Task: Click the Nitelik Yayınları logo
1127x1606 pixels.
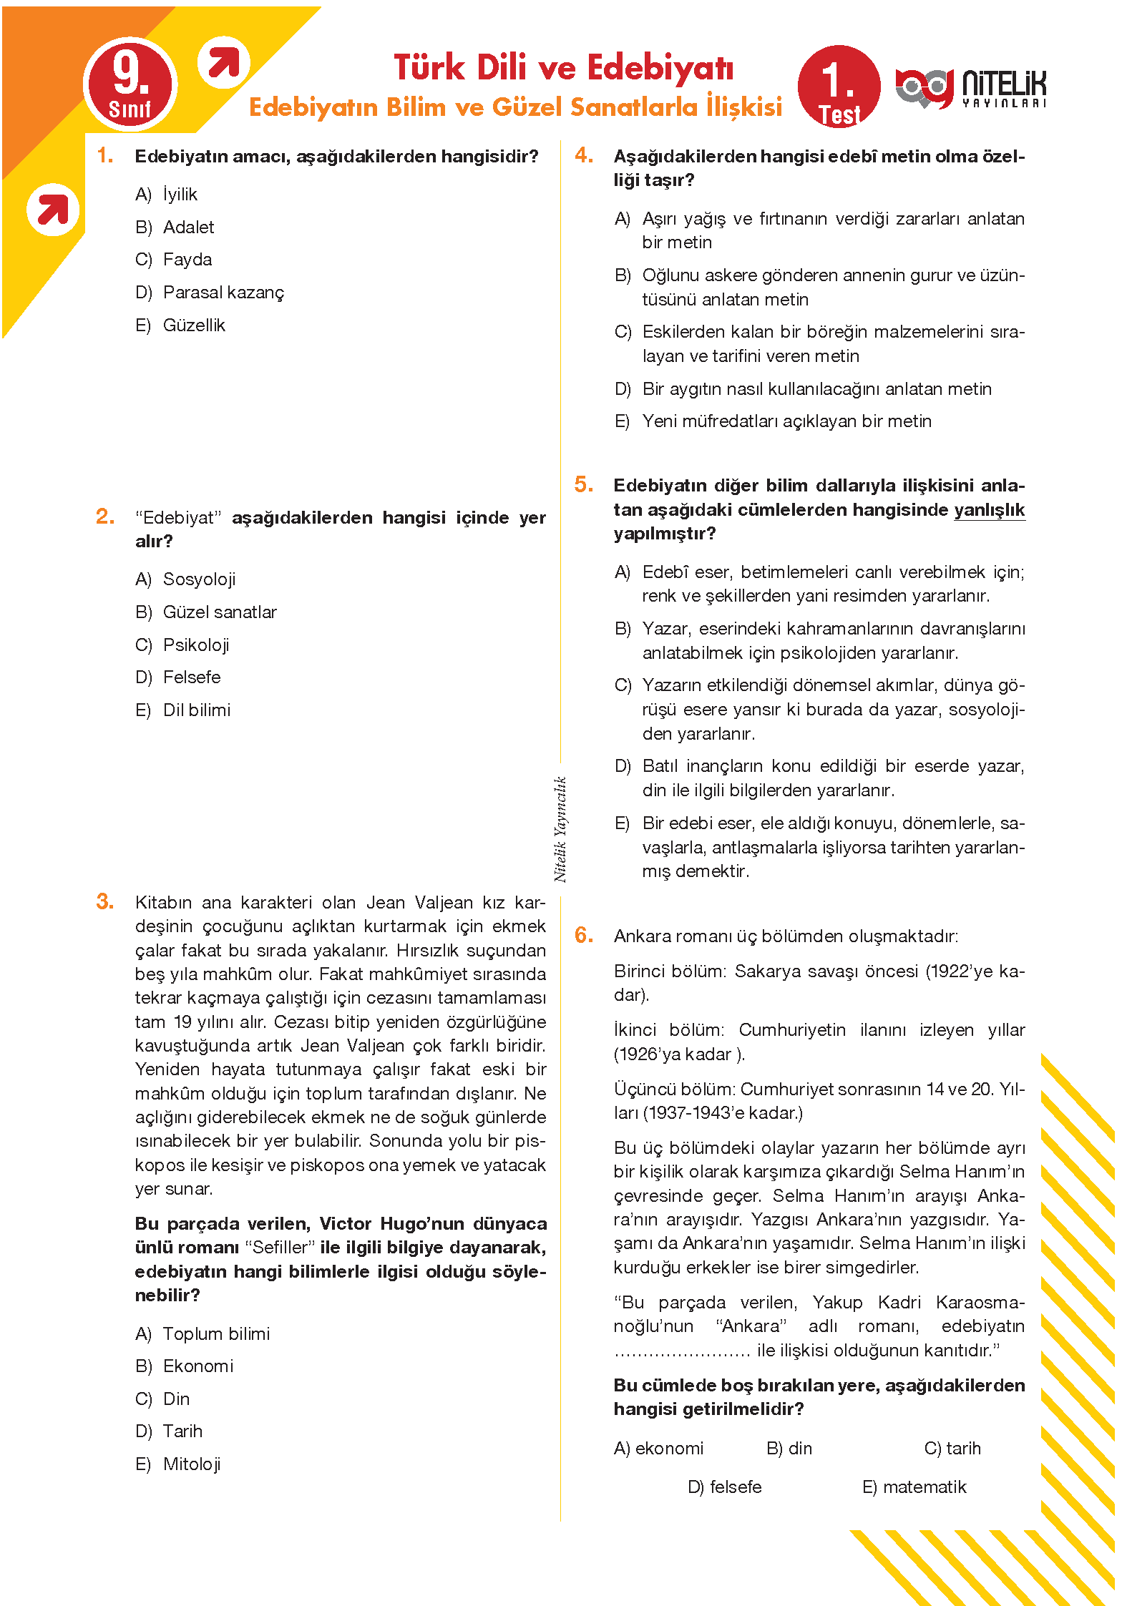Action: pyautogui.click(x=970, y=89)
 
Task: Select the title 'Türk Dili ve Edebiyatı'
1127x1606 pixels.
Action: pyautogui.click(x=564, y=68)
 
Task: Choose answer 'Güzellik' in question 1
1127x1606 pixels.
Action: pyautogui.click(x=194, y=325)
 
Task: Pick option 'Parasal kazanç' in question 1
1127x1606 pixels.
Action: pyautogui.click(x=223, y=293)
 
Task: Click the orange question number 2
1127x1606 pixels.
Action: pyautogui.click(x=105, y=516)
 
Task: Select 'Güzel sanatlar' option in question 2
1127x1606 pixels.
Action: pyautogui.click(x=220, y=612)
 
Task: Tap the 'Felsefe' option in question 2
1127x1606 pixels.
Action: pyautogui.click(x=192, y=677)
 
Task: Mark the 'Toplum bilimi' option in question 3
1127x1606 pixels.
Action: pyautogui.click(x=216, y=1334)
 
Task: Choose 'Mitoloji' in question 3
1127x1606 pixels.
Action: pyautogui.click(x=192, y=1464)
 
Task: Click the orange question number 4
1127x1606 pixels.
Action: pyautogui.click(x=584, y=155)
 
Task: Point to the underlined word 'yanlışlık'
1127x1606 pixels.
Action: pyautogui.click(x=989, y=510)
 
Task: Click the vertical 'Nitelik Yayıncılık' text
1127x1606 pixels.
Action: pyautogui.click(x=560, y=829)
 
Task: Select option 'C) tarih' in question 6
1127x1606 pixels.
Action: pyautogui.click(x=952, y=1449)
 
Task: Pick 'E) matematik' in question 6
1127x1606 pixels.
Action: pyautogui.click(x=914, y=1487)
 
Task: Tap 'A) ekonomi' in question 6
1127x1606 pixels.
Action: pyautogui.click(x=658, y=1449)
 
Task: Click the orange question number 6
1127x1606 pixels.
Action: pyautogui.click(x=584, y=935)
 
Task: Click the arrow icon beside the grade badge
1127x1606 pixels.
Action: pyautogui.click(x=224, y=64)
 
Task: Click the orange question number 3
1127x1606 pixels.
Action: pyautogui.click(x=105, y=901)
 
